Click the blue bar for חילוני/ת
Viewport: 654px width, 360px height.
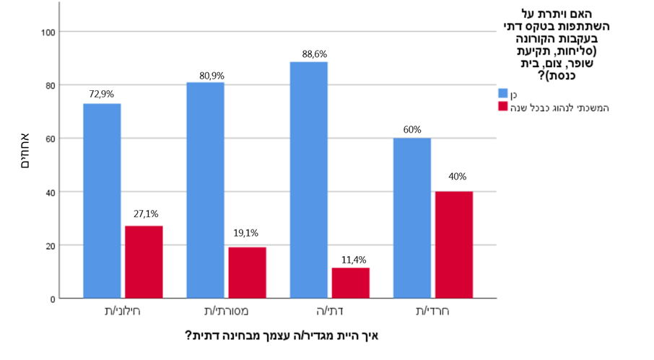click(x=102, y=201)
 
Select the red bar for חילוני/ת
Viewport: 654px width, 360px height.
click(x=144, y=262)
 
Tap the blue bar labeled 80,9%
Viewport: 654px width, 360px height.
click(x=205, y=190)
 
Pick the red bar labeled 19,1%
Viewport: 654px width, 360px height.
click(x=247, y=273)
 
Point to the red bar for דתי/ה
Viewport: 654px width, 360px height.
click(x=350, y=283)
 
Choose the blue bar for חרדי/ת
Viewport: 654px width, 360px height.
click(x=411, y=218)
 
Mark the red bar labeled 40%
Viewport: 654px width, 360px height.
click(x=453, y=245)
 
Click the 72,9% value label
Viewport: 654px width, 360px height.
click(x=102, y=94)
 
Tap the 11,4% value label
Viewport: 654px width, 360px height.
click(x=350, y=258)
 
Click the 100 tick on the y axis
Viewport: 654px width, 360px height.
click(x=48, y=32)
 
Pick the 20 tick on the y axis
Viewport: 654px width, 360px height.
click(x=51, y=245)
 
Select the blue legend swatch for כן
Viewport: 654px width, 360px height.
click(x=503, y=94)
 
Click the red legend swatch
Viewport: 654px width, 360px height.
click(x=503, y=107)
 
